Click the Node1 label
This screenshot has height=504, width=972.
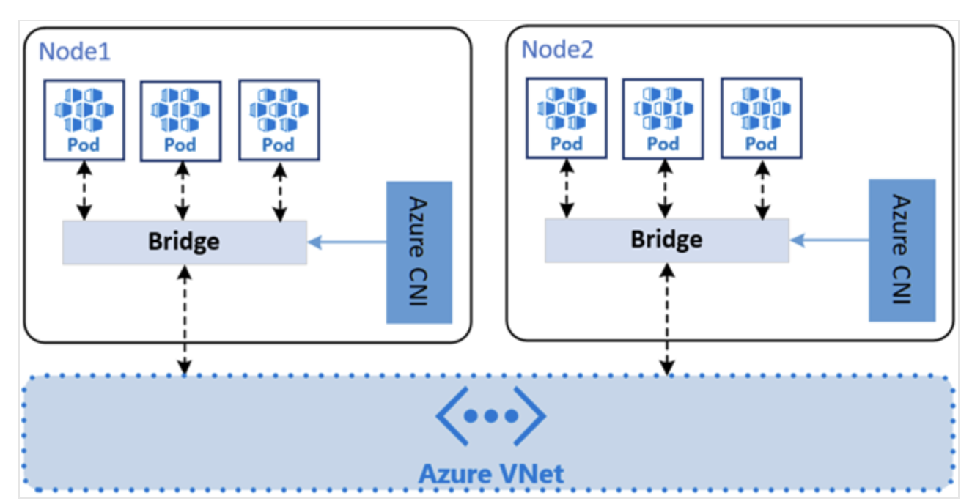tap(75, 51)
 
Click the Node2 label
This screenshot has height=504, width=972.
tap(557, 50)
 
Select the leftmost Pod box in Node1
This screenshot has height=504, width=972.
tap(84, 120)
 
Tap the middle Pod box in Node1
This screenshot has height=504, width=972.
tap(181, 121)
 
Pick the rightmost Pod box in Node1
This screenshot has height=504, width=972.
tap(279, 120)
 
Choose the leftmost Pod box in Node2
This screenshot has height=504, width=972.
tap(567, 119)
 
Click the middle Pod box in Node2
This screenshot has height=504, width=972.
tap(663, 119)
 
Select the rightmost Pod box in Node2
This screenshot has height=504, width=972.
tap(762, 119)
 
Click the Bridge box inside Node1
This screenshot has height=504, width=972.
tap(185, 242)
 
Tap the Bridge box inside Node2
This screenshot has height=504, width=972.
tap(667, 240)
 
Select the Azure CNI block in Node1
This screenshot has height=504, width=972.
tap(419, 253)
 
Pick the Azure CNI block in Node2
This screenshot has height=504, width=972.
tap(902, 251)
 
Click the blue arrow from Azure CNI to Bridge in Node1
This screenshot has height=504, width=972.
tap(347, 242)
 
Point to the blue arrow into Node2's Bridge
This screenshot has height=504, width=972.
tap(829, 240)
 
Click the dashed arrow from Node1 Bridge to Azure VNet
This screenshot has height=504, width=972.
tap(185, 320)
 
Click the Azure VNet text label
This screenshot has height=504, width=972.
tap(491, 473)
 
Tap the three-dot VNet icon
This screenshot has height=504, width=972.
tap(491, 416)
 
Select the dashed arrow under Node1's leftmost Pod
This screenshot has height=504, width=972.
tap(84, 191)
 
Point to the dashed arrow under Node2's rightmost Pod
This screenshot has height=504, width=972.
tap(762, 189)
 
